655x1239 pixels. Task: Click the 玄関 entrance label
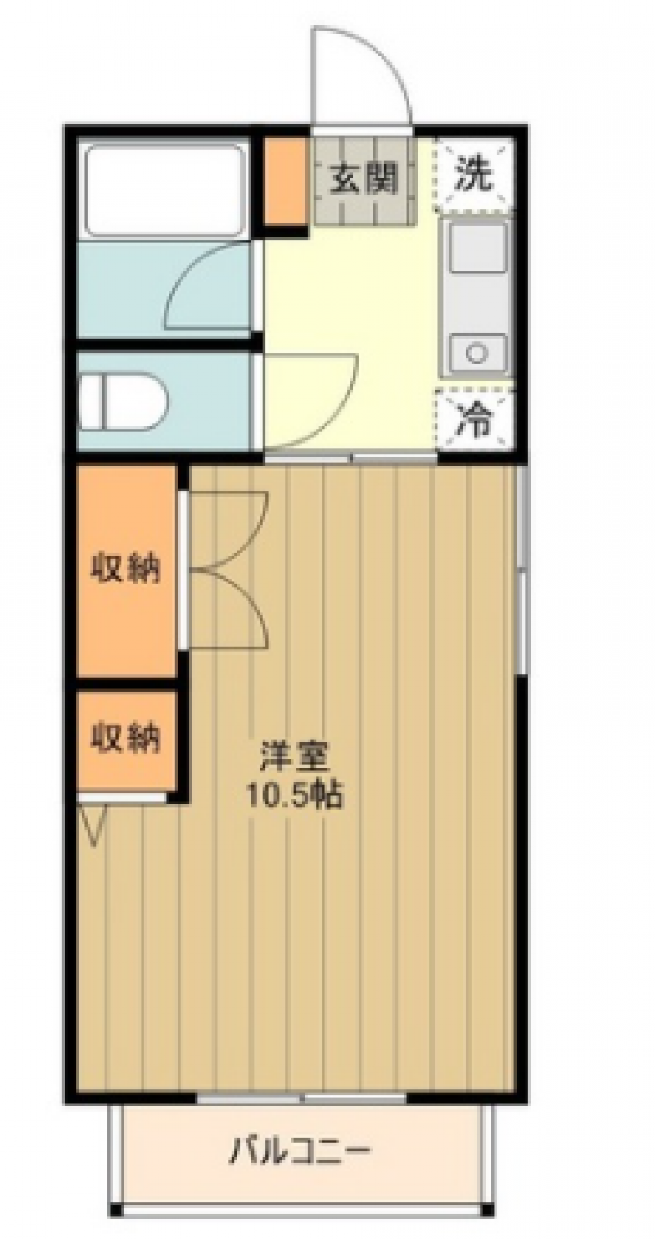[x=364, y=180]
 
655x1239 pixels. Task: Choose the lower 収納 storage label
[x=126, y=737]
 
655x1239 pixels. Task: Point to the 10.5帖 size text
[x=296, y=796]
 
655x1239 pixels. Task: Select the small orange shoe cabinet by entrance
[x=284, y=181]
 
